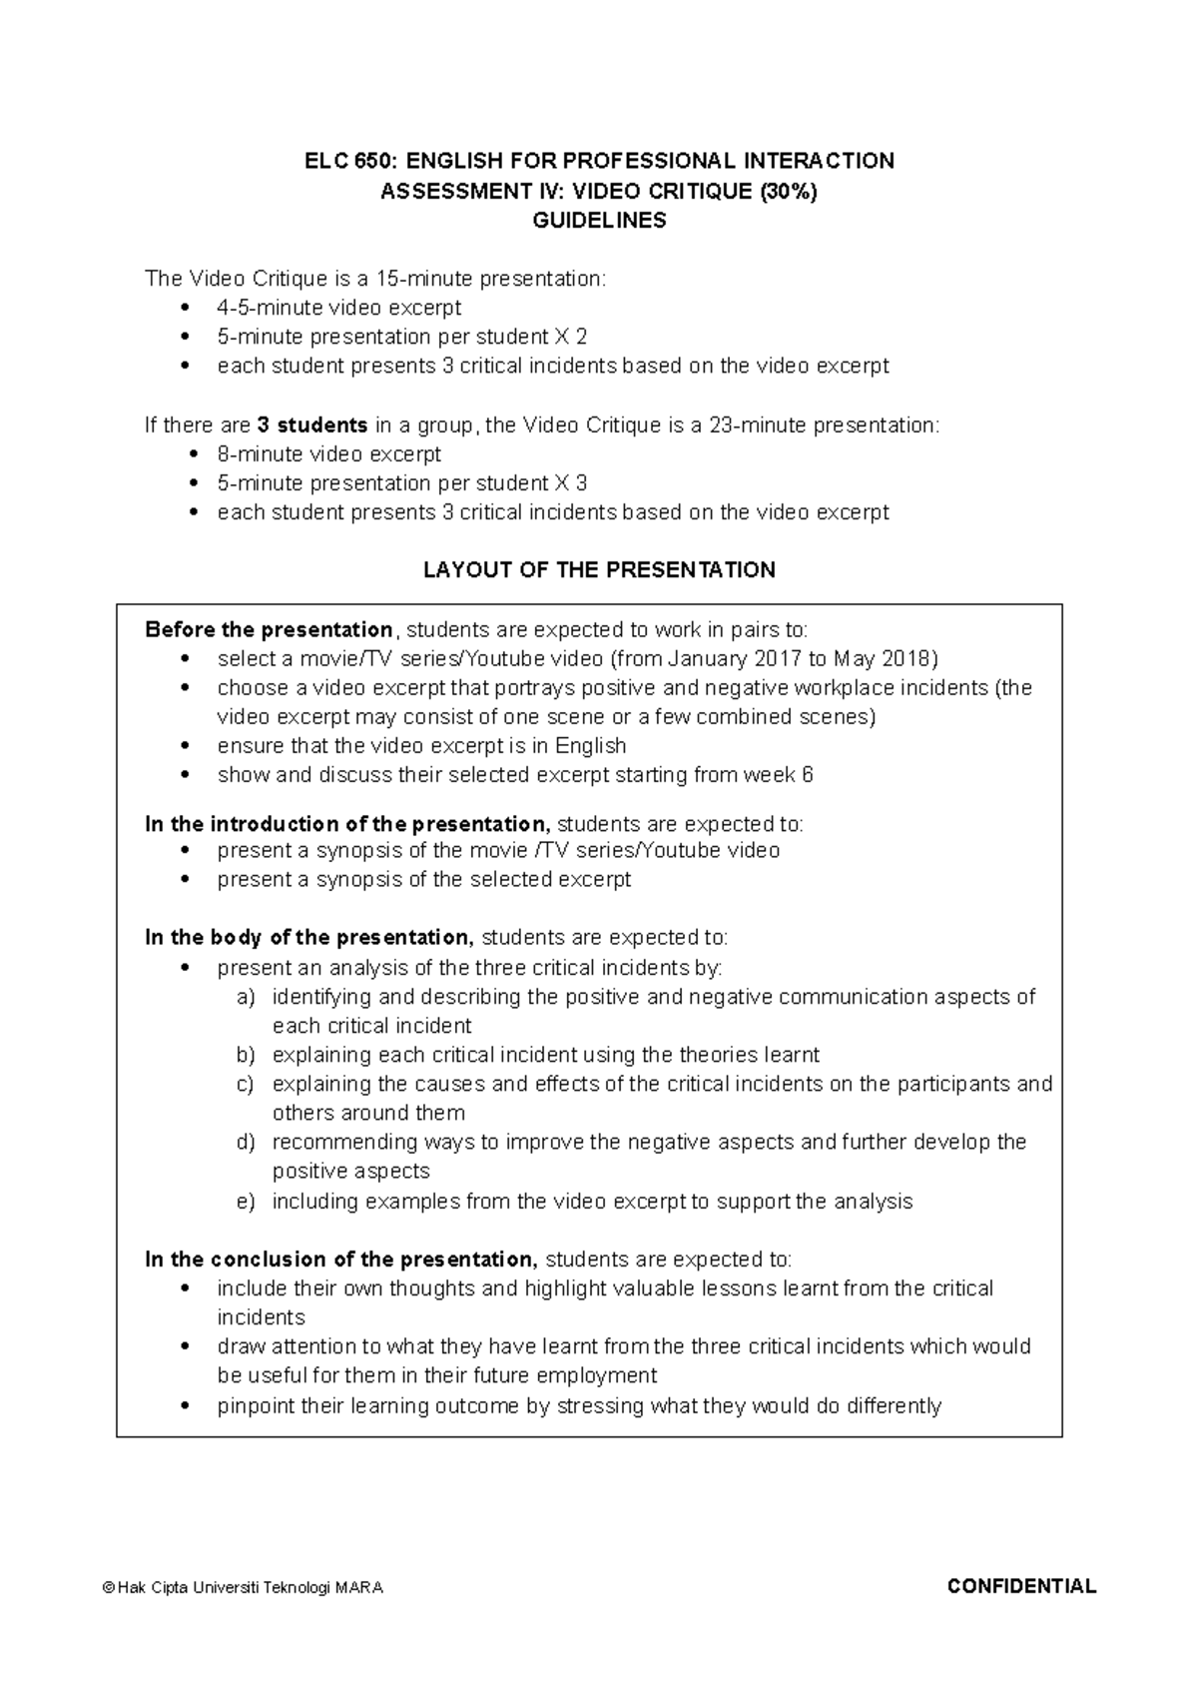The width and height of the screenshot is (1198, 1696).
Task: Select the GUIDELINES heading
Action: tap(599, 221)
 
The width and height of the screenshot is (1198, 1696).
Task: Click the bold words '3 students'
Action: tap(311, 425)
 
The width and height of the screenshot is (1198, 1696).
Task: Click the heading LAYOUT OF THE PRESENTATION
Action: tap(599, 570)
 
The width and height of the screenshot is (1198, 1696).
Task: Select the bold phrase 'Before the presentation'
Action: tap(269, 630)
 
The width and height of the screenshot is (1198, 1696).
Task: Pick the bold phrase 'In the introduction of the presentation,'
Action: tap(346, 824)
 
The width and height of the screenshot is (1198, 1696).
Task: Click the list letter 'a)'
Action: tap(246, 997)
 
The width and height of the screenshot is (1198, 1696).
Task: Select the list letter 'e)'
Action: tap(246, 1202)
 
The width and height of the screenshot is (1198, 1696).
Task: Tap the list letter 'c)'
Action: tap(246, 1084)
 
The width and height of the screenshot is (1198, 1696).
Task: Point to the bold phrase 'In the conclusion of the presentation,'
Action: tap(340, 1260)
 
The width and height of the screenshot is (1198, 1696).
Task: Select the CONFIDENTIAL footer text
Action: tap(1021, 1586)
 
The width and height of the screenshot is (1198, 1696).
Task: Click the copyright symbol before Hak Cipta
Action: tap(108, 1588)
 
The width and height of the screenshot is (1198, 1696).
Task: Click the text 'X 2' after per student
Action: tap(574, 337)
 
